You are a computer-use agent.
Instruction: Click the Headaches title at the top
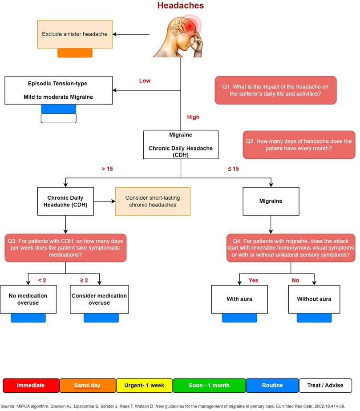pyautogui.click(x=181, y=6)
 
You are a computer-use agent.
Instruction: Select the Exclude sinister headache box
pyautogui.click(x=75, y=34)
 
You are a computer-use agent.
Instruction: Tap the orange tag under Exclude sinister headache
pyautogui.click(x=75, y=53)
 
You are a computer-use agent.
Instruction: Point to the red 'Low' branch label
pyautogui.click(x=145, y=81)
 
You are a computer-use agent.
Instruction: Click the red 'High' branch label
pyautogui.click(x=193, y=117)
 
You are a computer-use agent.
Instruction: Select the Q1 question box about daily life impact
pyautogui.click(x=275, y=90)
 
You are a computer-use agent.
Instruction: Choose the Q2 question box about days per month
pyautogui.click(x=299, y=145)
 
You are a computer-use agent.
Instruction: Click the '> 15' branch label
pyautogui.click(x=107, y=169)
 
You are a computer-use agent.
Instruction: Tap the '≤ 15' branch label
pyautogui.click(x=233, y=169)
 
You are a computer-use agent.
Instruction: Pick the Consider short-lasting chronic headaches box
pyautogui.click(x=153, y=201)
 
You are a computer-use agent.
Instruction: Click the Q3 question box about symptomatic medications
pyautogui.click(x=66, y=248)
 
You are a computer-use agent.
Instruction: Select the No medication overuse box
pyautogui.click(x=28, y=299)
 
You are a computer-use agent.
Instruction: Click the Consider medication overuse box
pyautogui.click(x=99, y=299)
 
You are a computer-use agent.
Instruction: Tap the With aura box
pyautogui.click(x=239, y=299)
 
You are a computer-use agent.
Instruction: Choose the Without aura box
pyautogui.click(x=314, y=299)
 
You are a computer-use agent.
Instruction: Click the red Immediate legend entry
pyautogui.click(x=31, y=385)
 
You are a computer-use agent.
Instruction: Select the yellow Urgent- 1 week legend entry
pyautogui.click(x=144, y=385)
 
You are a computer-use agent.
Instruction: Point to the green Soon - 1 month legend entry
pyautogui.click(x=209, y=385)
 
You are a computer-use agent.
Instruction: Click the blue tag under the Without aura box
pyautogui.click(x=314, y=318)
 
